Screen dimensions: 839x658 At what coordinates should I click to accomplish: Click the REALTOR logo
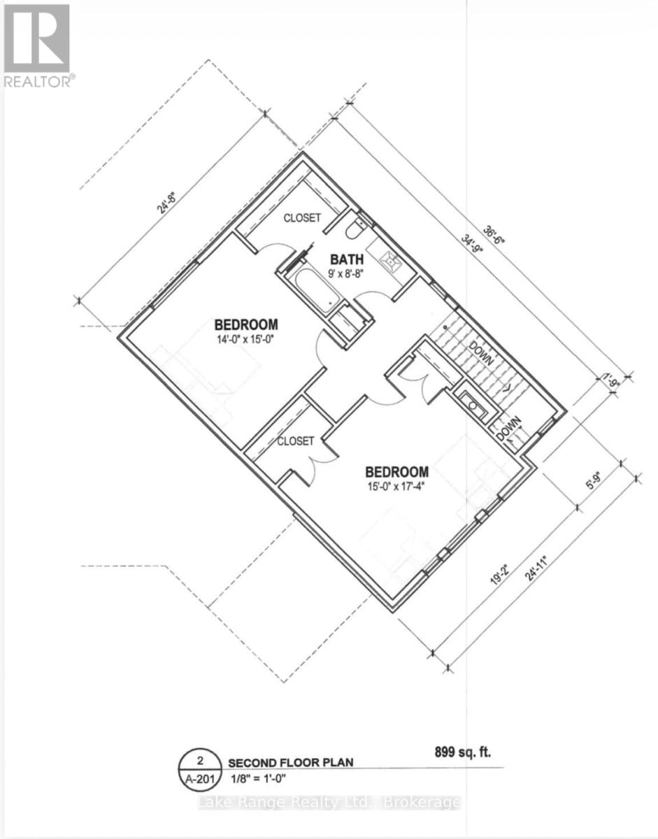(37, 45)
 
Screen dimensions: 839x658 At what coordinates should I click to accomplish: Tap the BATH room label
(344, 258)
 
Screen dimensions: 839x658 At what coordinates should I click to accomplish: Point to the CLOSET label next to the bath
(302, 218)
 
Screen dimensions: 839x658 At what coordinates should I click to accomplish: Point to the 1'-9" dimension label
(613, 381)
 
